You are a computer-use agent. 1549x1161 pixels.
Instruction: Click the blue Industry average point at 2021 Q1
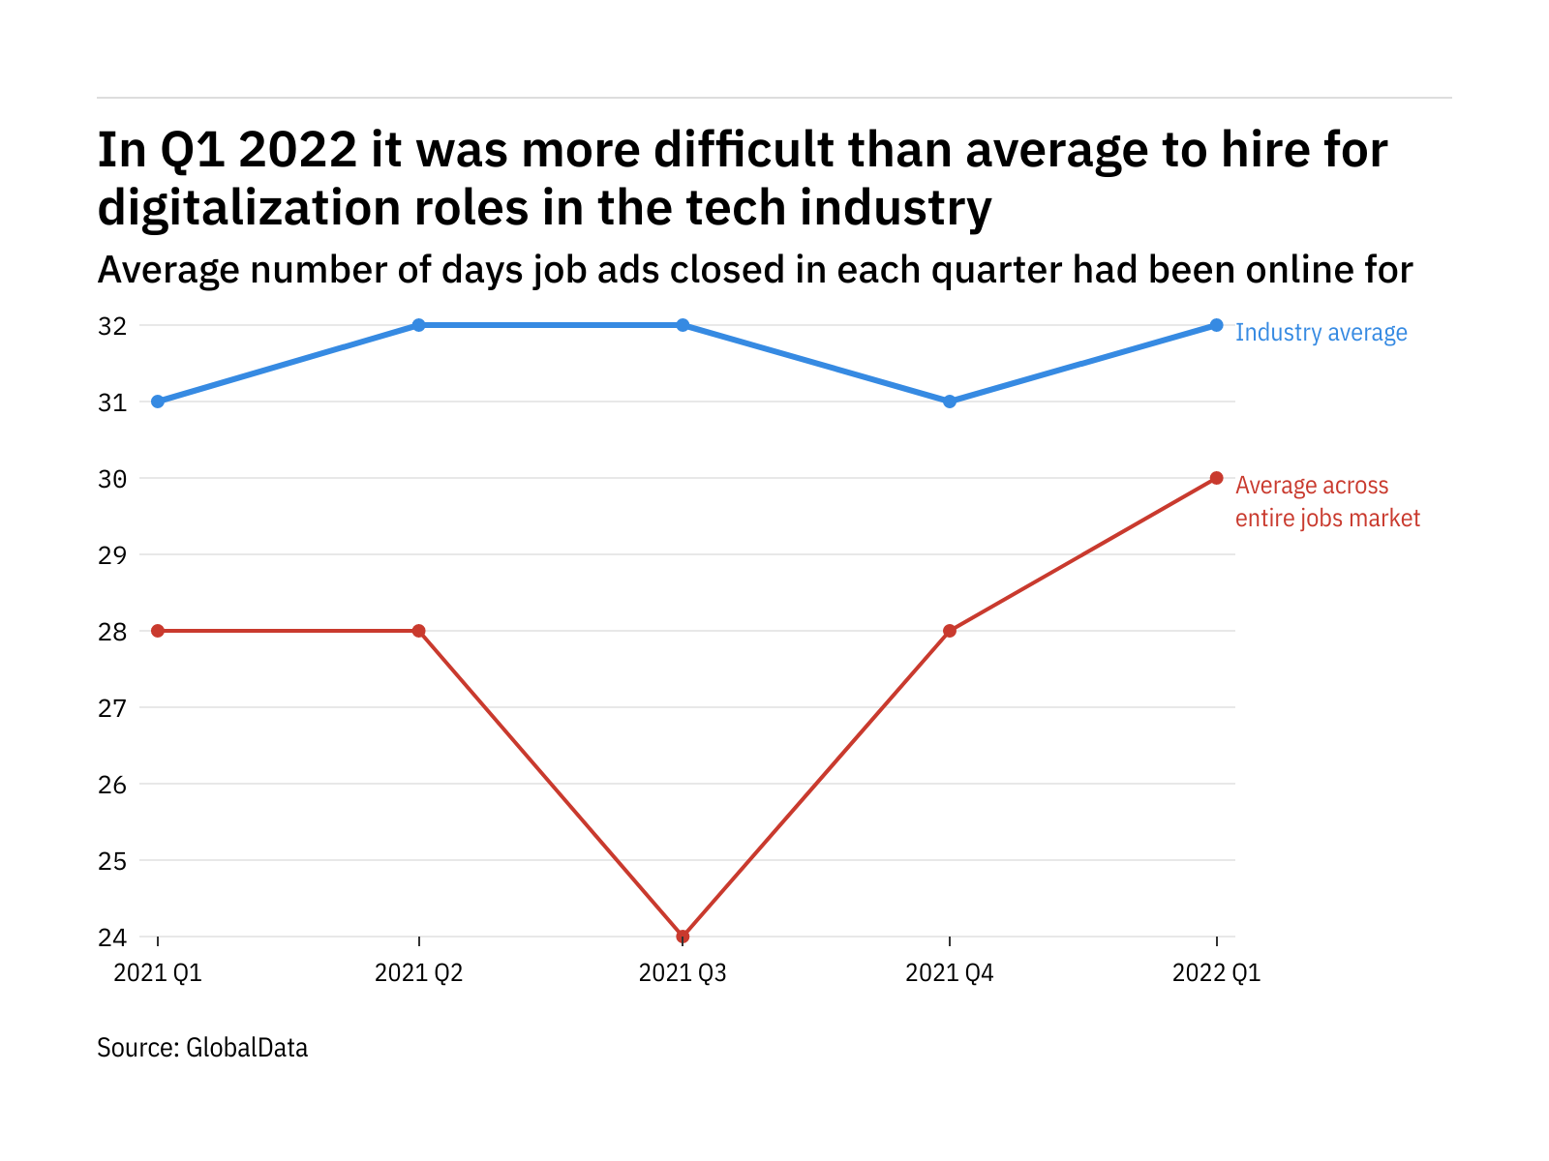point(158,402)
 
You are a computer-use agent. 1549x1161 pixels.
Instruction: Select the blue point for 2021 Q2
point(418,325)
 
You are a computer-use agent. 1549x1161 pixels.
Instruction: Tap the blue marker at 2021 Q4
point(950,402)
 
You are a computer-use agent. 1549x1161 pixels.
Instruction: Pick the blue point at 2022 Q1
point(1216,325)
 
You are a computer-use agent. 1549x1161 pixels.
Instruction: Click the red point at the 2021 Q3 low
point(683,937)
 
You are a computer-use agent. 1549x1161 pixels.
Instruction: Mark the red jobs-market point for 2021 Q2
point(418,631)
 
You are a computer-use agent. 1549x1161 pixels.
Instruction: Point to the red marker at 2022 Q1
point(1216,478)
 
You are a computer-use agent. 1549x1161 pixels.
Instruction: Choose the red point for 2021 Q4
point(950,631)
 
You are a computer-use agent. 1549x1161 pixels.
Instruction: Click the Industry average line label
point(1321,333)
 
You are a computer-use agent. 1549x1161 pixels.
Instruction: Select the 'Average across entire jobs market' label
point(1326,502)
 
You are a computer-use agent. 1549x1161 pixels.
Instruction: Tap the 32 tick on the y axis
point(112,326)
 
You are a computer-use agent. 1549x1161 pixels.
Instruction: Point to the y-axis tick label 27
point(112,708)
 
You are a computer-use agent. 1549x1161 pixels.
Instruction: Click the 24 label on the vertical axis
point(112,938)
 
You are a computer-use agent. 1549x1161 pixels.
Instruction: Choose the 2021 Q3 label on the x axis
point(683,973)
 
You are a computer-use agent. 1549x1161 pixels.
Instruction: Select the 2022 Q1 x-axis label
point(1216,973)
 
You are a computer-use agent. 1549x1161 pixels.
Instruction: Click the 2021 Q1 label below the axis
point(158,973)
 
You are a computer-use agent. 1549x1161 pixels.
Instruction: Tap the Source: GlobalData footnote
point(202,1048)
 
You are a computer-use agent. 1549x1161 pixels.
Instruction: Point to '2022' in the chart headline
point(298,150)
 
